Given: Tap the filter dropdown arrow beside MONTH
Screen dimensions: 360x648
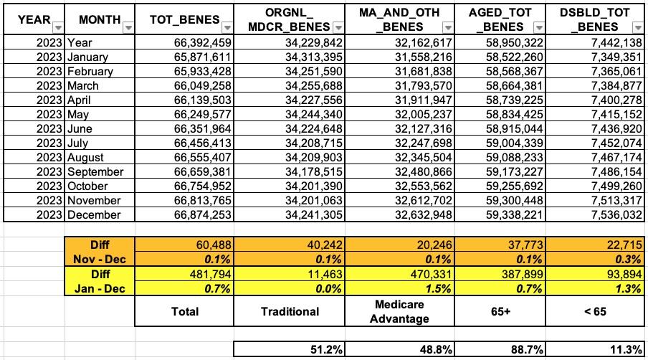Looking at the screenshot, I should coord(128,27).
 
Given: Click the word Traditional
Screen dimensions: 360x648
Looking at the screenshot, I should coord(290,311).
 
